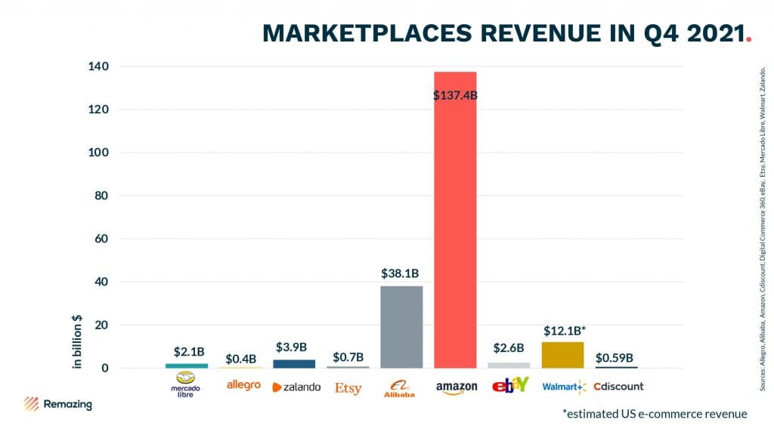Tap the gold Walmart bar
[x=562, y=355]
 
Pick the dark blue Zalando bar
[x=294, y=364]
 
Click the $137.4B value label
[x=455, y=96]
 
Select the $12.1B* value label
[x=563, y=331]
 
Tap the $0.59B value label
[x=615, y=356]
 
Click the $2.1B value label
[x=187, y=351]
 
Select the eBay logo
[x=509, y=385]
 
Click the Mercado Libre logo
[x=186, y=385]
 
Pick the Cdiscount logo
[x=618, y=386]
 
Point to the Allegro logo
[x=243, y=385]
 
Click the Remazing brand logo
[x=58, y=404]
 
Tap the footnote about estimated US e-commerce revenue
[x=655, y=414]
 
